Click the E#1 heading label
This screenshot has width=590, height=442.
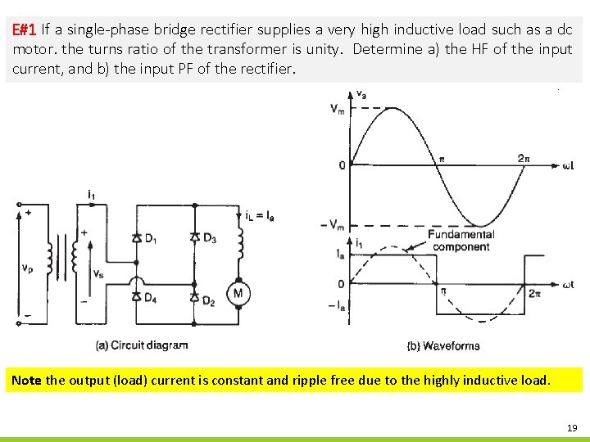coord(25,30)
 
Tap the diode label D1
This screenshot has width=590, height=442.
coord(152,238)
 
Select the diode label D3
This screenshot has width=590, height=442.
coord(210,238)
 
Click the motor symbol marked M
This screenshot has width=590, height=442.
coord(238,293)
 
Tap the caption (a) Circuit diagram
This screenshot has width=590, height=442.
coord(142,345)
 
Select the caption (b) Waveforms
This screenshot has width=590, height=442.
coord(443,345)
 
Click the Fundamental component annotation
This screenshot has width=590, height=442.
coord(461,241)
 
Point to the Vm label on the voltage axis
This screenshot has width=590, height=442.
coord(338,108)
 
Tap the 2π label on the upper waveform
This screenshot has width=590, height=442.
coord(525,158)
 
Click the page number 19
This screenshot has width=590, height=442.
coord(571,427)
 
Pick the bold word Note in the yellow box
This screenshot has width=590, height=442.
coord(26,381)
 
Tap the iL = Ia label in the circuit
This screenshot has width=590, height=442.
coord(260,215)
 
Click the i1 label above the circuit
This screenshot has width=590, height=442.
coord(91,194)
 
